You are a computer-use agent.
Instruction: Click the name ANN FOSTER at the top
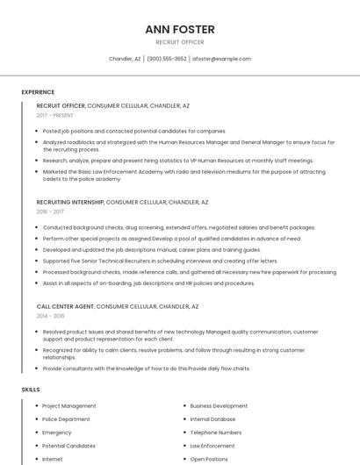point(180,29)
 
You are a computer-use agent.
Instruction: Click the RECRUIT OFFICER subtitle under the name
point(180,42)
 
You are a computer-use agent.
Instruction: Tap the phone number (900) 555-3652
point(167,59)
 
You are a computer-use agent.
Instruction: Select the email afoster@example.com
point(221,59)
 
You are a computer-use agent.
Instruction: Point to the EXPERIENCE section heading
point(38,92)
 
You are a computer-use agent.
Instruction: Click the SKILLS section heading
point(31,389)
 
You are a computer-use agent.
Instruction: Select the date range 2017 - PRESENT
point(55,115)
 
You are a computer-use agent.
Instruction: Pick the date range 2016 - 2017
point(50,211)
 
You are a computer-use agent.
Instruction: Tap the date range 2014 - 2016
point(50,316)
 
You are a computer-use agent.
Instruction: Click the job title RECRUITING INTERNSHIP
point(70,202)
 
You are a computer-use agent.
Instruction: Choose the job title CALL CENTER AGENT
point(66,306)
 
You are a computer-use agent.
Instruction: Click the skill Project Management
point(69,406)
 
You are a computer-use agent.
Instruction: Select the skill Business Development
point(219,406)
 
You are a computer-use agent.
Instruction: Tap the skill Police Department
point(66,419)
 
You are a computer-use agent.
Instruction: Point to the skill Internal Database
point(212,419)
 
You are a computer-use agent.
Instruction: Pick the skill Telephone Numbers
point(216,433)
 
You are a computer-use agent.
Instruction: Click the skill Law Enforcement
point(212,446)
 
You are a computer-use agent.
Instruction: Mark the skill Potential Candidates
point(68,446)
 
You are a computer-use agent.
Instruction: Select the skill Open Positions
point(209,459)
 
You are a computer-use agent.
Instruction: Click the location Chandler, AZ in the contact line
point(125,59)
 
